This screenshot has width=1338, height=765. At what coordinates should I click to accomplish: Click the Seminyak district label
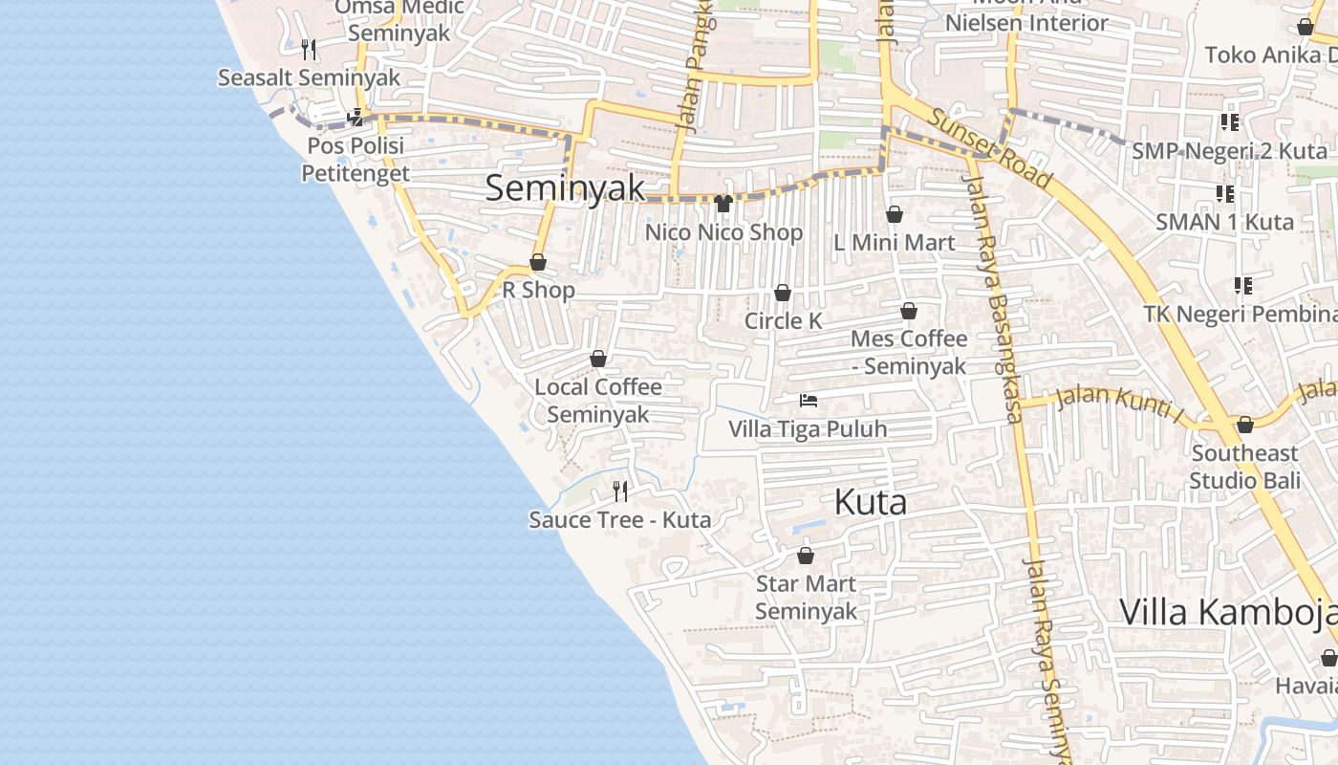(x=565, y=187)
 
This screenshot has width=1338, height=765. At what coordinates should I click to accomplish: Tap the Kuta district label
(x=870, y=502)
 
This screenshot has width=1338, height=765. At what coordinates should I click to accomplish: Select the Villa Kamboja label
(x=1228, y=612)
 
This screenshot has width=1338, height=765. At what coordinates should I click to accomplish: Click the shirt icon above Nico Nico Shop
(x=723, y=204)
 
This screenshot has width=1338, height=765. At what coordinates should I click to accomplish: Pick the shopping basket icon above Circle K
(x=783, y=293)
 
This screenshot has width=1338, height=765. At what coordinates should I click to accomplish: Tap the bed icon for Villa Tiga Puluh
(x=809, y=401)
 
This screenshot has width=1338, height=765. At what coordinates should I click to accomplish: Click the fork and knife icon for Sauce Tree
(x=620, y=492)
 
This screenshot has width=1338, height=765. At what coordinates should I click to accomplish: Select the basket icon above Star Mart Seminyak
(x=806, y=556)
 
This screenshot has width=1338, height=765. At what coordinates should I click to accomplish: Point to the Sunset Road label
(x=990, y=148)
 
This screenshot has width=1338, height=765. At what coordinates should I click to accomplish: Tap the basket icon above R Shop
(x=538, y=262)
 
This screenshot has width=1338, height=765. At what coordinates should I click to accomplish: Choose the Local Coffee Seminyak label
(x=598, y=401)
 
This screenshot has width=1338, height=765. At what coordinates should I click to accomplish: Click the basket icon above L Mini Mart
(x=895, y=214)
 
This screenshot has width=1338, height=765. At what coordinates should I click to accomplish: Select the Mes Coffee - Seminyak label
(x=909, y=352)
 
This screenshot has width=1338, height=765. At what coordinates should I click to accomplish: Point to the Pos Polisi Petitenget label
(x=356, y=159)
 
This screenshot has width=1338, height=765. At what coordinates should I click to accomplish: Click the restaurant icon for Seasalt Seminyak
(x=308, y=49)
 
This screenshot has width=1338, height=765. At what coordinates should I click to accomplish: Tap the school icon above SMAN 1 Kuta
(x=1225, y=194)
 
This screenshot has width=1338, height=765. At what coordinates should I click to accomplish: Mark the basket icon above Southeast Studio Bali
(x=1244, y=425)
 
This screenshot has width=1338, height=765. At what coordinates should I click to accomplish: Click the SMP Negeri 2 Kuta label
(x=1229, y=151)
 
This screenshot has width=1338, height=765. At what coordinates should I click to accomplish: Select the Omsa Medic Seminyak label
(x=399, y=20)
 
